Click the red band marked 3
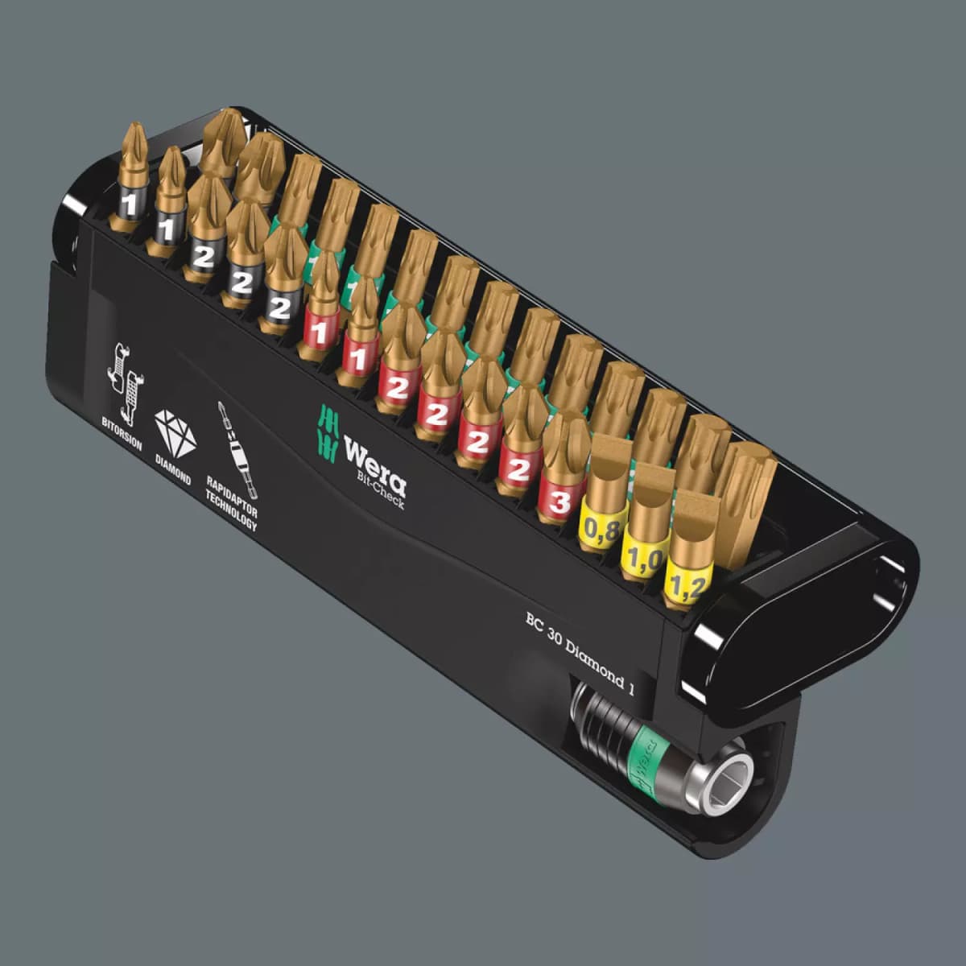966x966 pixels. tap(559, 501)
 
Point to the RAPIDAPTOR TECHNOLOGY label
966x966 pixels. tap(231, 504)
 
